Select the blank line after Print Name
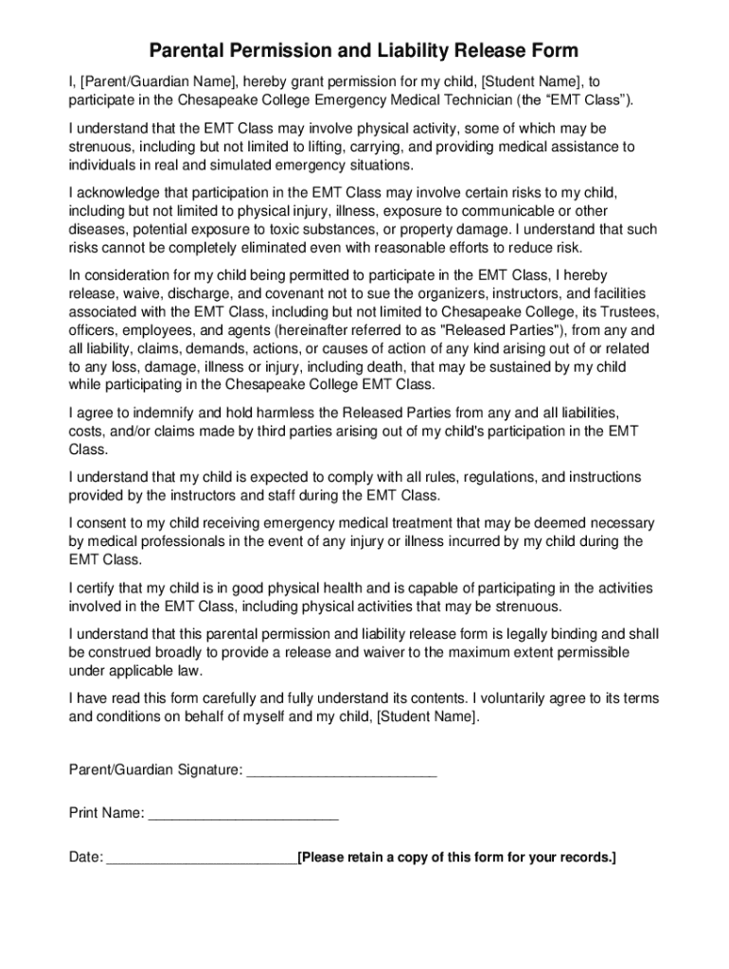pos(243,814)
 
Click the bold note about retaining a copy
pos(456,857)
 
